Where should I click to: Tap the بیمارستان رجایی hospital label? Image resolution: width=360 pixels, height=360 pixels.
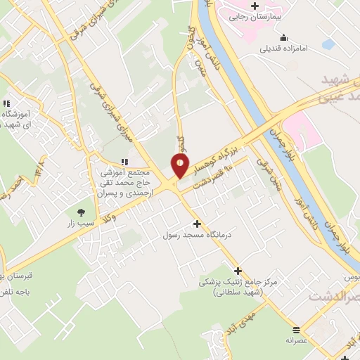255,16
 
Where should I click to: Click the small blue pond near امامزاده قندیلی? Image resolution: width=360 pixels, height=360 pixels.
328,44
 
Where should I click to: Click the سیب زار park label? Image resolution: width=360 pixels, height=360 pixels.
80,223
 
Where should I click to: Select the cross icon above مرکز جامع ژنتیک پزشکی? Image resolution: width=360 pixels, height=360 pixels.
238,271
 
